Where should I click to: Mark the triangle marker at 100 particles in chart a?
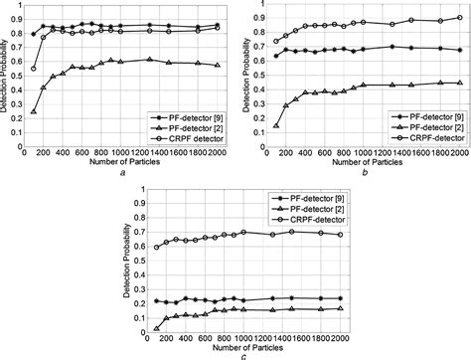point(34,112)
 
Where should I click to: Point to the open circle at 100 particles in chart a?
point(34,69)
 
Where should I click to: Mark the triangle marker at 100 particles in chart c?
point(156,328)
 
